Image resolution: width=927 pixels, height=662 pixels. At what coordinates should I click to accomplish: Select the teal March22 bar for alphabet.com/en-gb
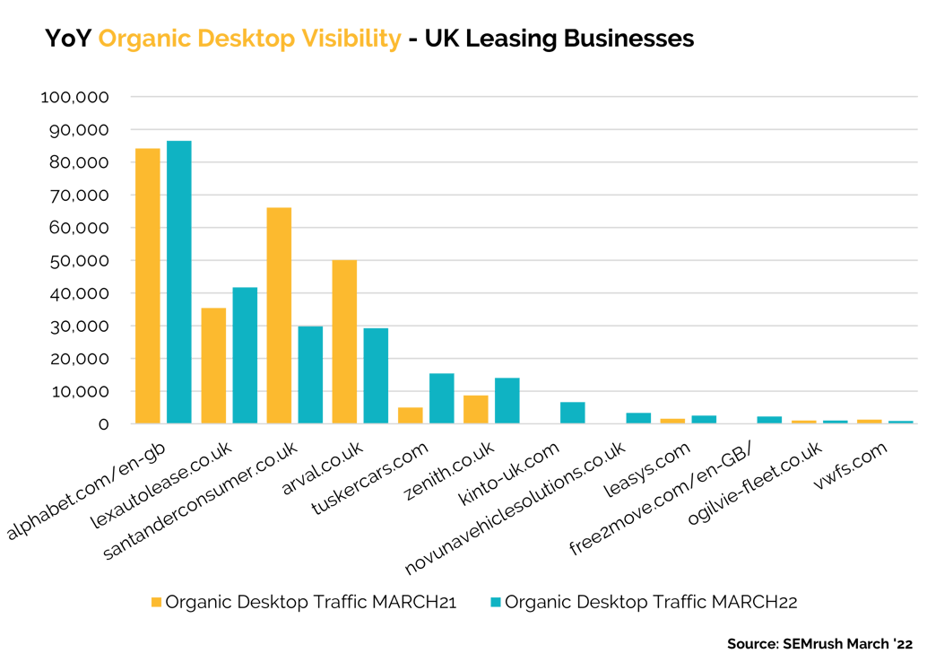point(178,282)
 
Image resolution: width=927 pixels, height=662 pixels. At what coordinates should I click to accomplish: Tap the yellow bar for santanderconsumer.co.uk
point(279,315)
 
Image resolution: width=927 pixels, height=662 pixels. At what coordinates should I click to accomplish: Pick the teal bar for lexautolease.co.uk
point(245,355)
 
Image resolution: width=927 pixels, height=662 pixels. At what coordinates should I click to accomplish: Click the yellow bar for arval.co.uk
point(344,342)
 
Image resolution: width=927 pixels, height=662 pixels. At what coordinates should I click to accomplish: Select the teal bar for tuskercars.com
point(441,398)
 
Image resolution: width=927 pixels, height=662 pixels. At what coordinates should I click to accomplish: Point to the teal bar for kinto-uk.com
point(572,413)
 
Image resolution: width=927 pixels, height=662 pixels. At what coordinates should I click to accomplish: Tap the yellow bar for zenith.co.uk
point(475,409)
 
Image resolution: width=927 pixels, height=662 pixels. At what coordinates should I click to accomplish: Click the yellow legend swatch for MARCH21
point(157,603)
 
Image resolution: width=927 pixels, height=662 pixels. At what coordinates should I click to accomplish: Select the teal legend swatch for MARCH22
point(496,603)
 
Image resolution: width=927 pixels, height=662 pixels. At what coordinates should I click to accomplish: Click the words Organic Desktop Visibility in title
point(249,39)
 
